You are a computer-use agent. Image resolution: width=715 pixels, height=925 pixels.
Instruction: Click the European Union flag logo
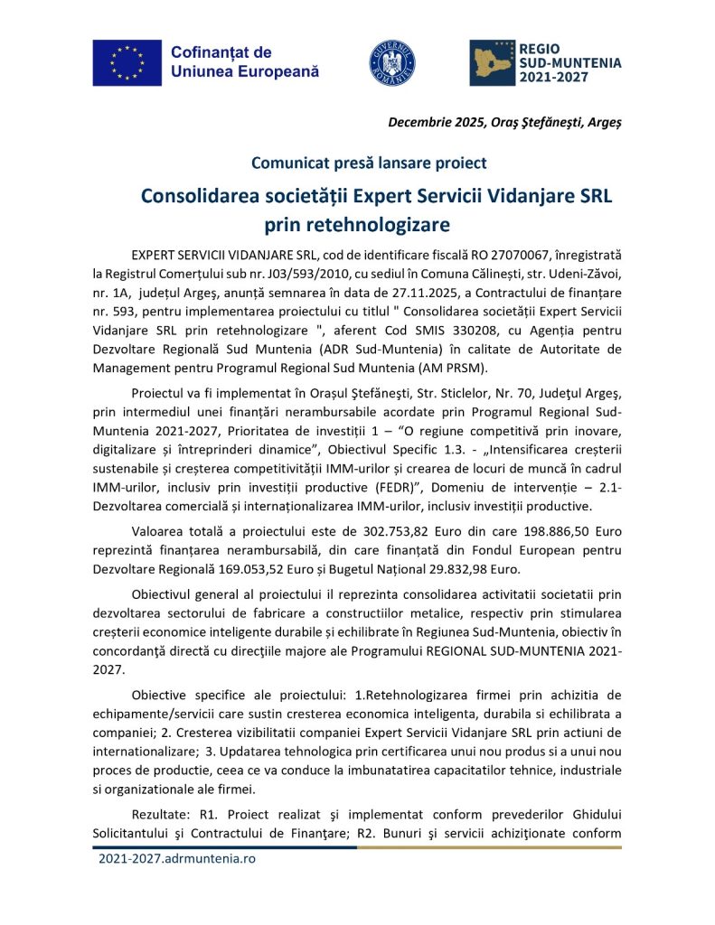pos(126,62)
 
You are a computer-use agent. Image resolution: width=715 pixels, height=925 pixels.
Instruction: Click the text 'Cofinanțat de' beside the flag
pos(221,52)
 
